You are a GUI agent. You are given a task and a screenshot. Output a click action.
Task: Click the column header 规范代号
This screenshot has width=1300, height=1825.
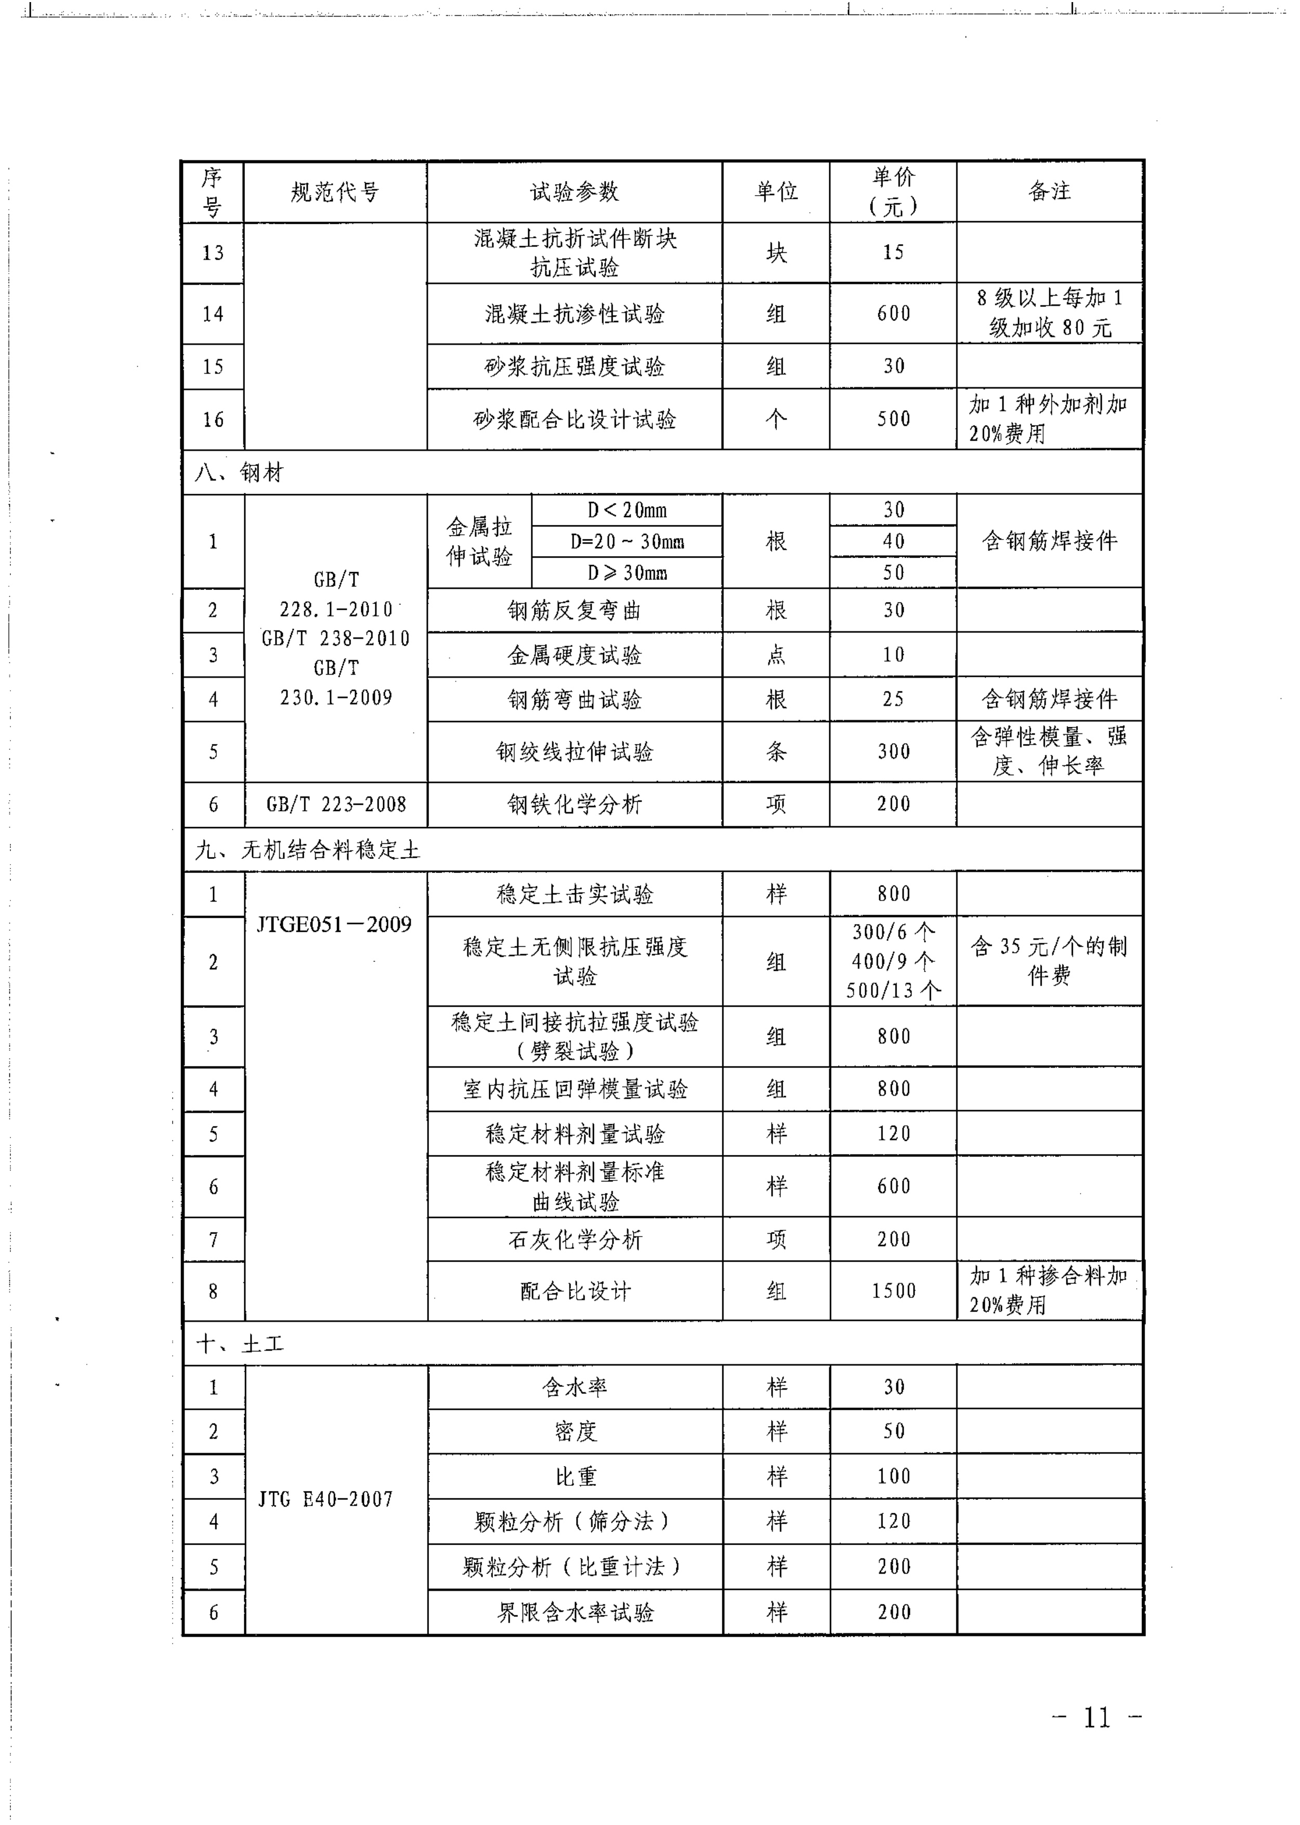pyautogui.click(x=334, y=192)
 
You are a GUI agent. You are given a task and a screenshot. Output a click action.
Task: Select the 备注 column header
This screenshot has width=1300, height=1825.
pyautogui.click(x=1049, y=191)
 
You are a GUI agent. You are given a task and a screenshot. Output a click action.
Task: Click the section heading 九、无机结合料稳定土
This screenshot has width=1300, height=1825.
pyautogui.click(x=307, y=850)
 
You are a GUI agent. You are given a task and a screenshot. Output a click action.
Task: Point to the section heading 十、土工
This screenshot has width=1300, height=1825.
pyautogui.click(x=240, y=1344)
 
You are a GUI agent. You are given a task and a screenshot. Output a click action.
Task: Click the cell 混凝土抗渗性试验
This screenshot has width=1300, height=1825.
pyautogui.click(x=574, y=314)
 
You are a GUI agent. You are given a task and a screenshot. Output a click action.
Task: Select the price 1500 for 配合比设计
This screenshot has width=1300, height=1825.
pyautogui.click(x=893, y=1291)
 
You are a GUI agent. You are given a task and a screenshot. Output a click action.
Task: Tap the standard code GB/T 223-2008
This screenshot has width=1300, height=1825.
pyautogui.click(x=336, y=804)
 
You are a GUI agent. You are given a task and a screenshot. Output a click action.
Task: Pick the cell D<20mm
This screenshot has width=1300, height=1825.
pyautogui.click(x=627, y=510)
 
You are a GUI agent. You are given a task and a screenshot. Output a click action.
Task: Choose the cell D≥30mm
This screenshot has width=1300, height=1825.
pyautogui.click(x=627, y=573)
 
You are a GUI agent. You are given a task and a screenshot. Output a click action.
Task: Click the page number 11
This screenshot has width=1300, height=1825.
pyautogui.click(x=1097, y=1717)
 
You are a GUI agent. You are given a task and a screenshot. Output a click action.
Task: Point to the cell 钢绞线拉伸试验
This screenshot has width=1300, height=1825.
pyautogui.click(x=574, y=752)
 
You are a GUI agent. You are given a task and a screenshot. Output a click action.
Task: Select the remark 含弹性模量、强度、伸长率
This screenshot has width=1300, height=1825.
pyautogui.click(x=1049, y=751)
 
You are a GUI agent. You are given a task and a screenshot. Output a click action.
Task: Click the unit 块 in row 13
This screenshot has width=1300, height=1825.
pyautogui.click(x=776, y=253)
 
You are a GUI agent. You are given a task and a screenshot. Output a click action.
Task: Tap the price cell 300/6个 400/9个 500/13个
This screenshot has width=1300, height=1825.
pyautogui.click(x=893, y=961)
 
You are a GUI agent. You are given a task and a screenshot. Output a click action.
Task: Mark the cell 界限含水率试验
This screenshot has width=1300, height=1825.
pyautogui.click(x=575, y=1612)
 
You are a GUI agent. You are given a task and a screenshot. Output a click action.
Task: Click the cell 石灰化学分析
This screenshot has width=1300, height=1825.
pyautogui.click(x=575, y=1240)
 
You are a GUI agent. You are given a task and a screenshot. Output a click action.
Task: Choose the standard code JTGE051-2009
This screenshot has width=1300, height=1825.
pyautogui.click(x=334, y=924)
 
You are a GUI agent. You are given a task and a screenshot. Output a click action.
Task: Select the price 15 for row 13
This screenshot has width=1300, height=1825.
pyautogui.click(x=893, y=253)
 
